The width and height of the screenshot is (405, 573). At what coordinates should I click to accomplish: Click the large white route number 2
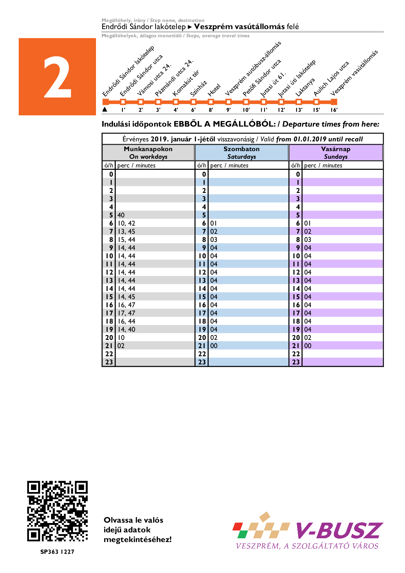pos(58,77)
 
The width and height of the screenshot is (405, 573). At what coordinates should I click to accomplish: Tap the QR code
pos(58,511)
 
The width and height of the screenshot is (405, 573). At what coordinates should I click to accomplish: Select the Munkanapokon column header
pos(148,152)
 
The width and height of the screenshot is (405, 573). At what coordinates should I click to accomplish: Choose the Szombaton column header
pos(242,152)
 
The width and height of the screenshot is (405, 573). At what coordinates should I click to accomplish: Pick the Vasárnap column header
pos(336,152)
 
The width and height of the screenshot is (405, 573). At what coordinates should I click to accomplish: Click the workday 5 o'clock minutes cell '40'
pos(121,215)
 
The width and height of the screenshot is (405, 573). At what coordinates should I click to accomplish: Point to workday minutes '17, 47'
pos(127,313)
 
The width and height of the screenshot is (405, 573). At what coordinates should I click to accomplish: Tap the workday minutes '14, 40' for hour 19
pos(127,329)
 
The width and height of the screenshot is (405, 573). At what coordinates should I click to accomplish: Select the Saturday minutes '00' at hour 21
pos(214,346)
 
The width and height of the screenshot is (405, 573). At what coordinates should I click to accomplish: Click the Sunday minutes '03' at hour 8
pos(308,240)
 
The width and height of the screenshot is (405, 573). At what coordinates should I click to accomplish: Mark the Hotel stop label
pos(214,90)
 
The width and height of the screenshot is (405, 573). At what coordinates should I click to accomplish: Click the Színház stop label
pos(199,88)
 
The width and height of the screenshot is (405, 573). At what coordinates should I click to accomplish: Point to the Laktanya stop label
pos(305,87)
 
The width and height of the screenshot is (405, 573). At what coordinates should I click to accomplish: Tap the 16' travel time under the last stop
pos(334,110)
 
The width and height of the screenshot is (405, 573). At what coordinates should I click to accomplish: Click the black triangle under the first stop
pos(105,110)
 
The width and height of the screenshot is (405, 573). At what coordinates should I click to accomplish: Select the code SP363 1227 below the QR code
pos(57,552)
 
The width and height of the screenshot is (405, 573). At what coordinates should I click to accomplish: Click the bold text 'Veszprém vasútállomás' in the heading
pos(239,27)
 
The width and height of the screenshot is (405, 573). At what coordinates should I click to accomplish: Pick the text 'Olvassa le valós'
pos(133,520)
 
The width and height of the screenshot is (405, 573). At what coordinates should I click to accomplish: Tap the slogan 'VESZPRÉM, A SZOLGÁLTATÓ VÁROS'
pos(307,546)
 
